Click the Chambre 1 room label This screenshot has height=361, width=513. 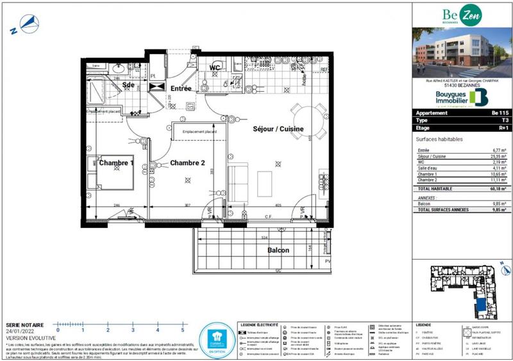point(116,163)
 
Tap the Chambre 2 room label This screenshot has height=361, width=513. point(187,163)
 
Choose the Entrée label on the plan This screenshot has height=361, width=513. point(181,88)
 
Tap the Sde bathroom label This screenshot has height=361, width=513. point(129,84)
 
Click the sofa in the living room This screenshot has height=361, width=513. point(239,181)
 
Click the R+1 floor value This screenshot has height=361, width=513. point(499,128)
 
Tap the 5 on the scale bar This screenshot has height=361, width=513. point(183,330)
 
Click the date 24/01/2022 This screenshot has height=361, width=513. point(20,331)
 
